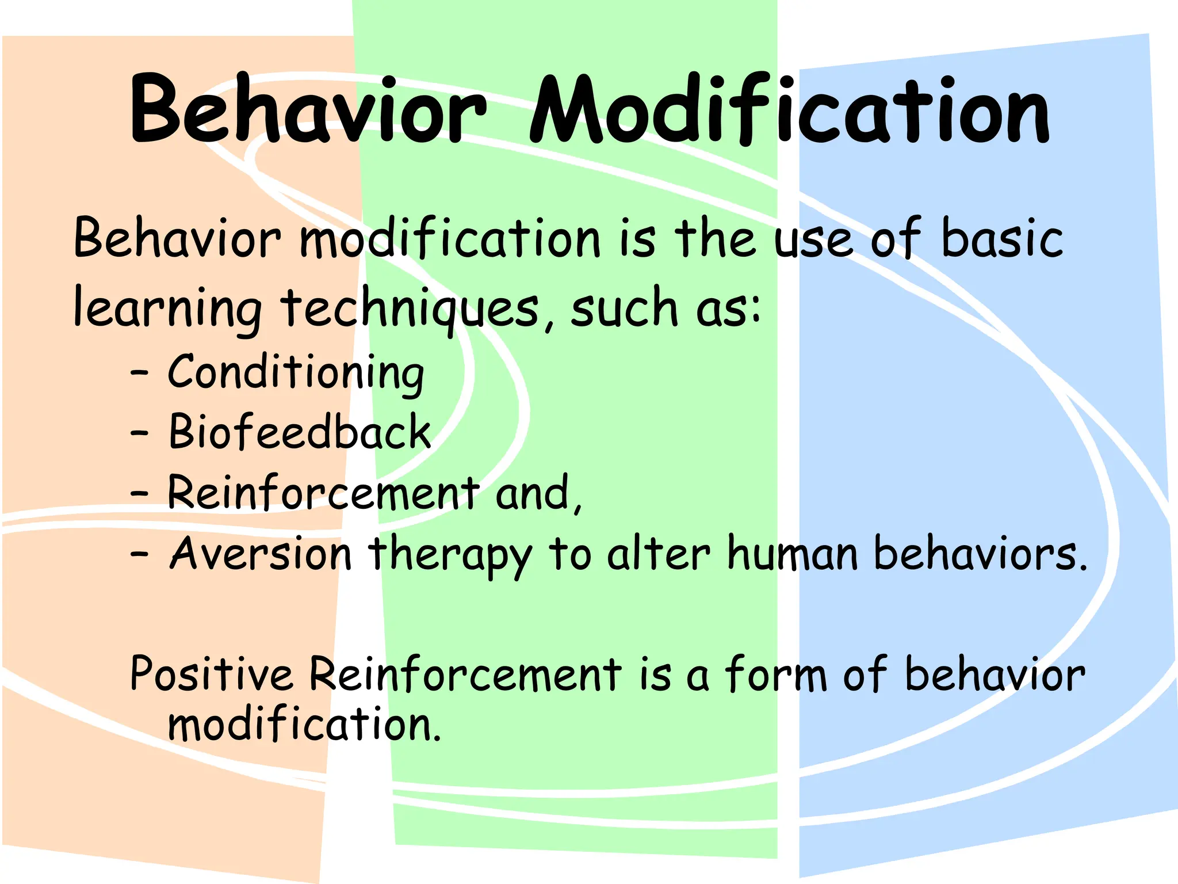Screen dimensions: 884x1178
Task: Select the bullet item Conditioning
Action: (x=296, y=373)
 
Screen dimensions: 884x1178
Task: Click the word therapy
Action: (x=450, y=555)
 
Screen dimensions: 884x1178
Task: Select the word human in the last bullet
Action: (x=793, y=554)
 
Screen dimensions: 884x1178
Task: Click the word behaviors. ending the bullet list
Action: (x=980, y=554)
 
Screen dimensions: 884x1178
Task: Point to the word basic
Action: (x=1001, y=239)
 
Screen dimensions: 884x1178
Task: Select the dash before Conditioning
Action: (x=139, y=374)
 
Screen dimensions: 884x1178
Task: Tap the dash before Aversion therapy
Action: (x=139, y=554)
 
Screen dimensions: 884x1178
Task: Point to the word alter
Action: (x=658, y=554)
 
